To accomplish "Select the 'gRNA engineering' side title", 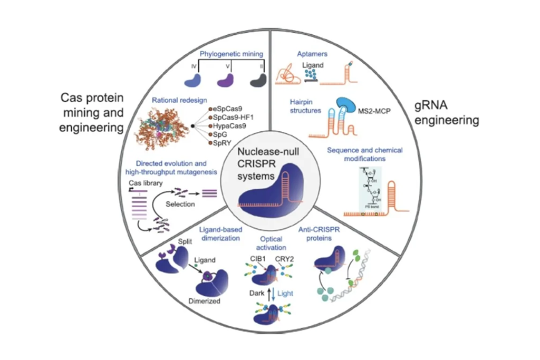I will [x=447, y=113].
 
